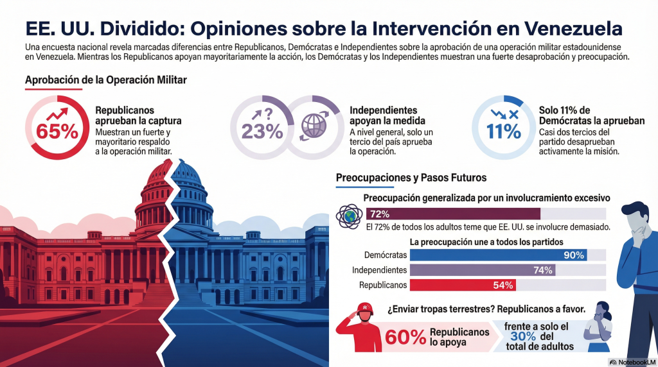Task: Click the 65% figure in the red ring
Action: click(x=57, y=131)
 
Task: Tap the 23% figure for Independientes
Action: click(x=262, y=131)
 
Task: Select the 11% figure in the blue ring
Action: click(x=503, y=131)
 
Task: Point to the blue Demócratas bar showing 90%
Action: click(x=498, y=255)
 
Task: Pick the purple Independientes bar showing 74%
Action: click(x=482, y=270)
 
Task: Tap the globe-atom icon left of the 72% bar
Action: click(x=350, y=216)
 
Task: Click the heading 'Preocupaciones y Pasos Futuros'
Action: click(x=411, y=177)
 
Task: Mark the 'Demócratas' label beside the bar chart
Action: click(x=385, y=255)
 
